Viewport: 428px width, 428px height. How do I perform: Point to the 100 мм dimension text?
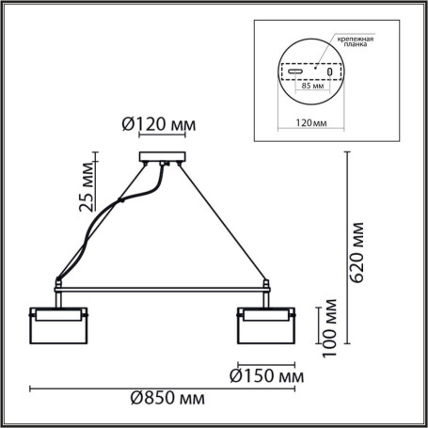coord(328,325)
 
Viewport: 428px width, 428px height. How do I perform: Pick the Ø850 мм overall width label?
coord(166,400)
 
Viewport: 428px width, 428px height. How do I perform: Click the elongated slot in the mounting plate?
coord(294,71)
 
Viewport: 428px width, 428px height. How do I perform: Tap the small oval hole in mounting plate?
coord(329,71)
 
